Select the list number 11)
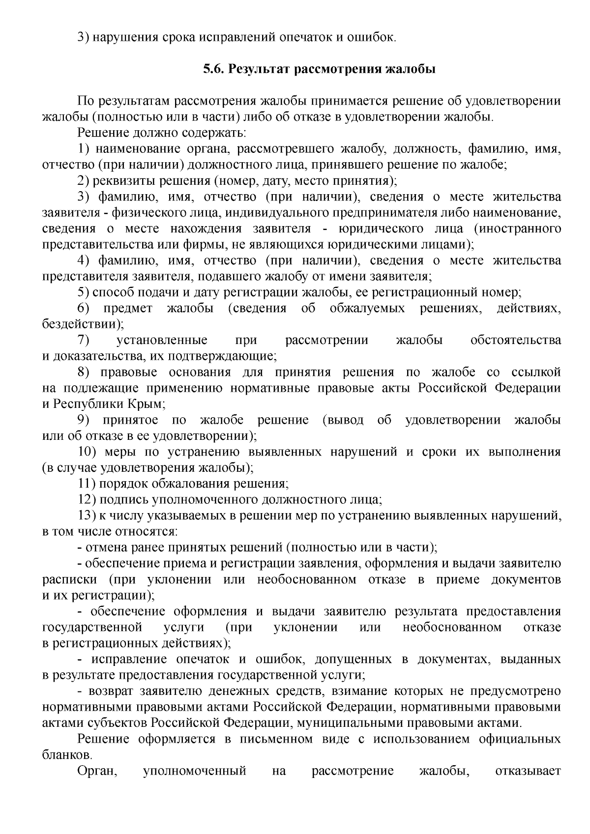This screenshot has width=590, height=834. [x=87, y=484]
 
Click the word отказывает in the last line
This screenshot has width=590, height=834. [x=528, y=771]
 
